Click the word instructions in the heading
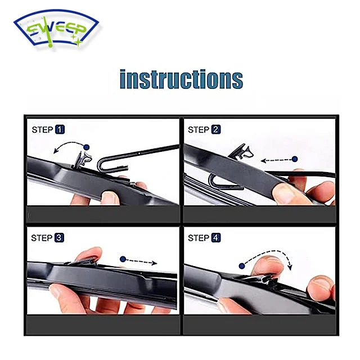[181, 79]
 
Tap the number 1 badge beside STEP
[60, 130]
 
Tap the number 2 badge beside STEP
[216, 130]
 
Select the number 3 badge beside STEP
[60, 238]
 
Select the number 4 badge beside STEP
[216, 238]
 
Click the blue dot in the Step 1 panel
[87, 147]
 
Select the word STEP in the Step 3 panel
[42, 238]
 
